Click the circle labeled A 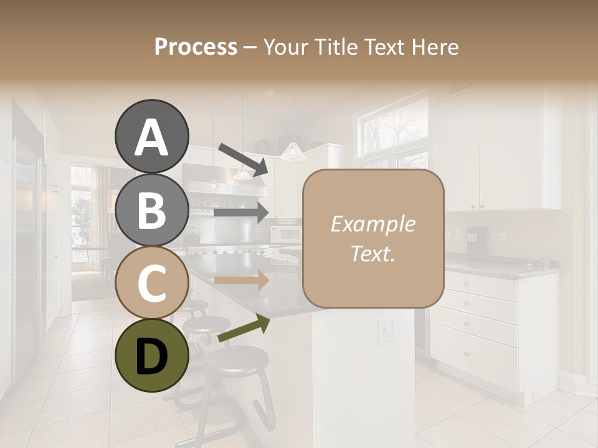click(x=151, y=136)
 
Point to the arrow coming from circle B click(x=241, y=212)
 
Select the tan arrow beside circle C click(x=241, y=280)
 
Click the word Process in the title click(x=196, y=47)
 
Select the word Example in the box click(x=373, y=224)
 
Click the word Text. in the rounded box click(x=373, y=253)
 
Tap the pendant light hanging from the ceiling click(x=291, y=151)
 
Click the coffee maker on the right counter click(x=475, y=238)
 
